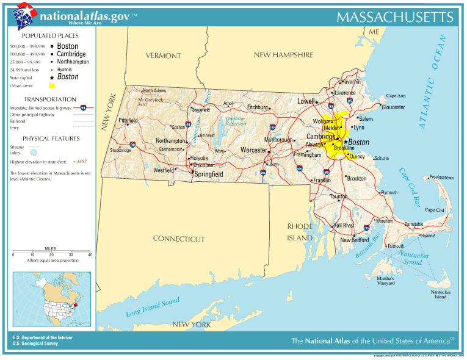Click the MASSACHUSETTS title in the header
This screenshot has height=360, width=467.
coord(395,16)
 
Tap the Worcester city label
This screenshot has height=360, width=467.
coord(254,149)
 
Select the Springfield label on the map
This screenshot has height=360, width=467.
coord(208,174)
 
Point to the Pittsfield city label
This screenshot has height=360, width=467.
coord(128,120)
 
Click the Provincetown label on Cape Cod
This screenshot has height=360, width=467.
coord(441,178)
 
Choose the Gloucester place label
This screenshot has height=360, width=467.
coord(393,107)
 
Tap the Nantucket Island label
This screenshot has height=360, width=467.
coord(440,294)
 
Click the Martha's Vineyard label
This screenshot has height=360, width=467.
coord(385,281)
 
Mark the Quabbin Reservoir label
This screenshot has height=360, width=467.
coord(236,121)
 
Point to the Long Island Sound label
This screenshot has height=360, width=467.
coord(153,307)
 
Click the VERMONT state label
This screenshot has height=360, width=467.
coord(163,56)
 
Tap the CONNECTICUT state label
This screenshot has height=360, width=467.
coord(179,239)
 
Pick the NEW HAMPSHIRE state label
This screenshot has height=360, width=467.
coord(283,55)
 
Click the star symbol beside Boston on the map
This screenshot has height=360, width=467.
coord(346,142)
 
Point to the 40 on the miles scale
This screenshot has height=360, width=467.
coord(90,254)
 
